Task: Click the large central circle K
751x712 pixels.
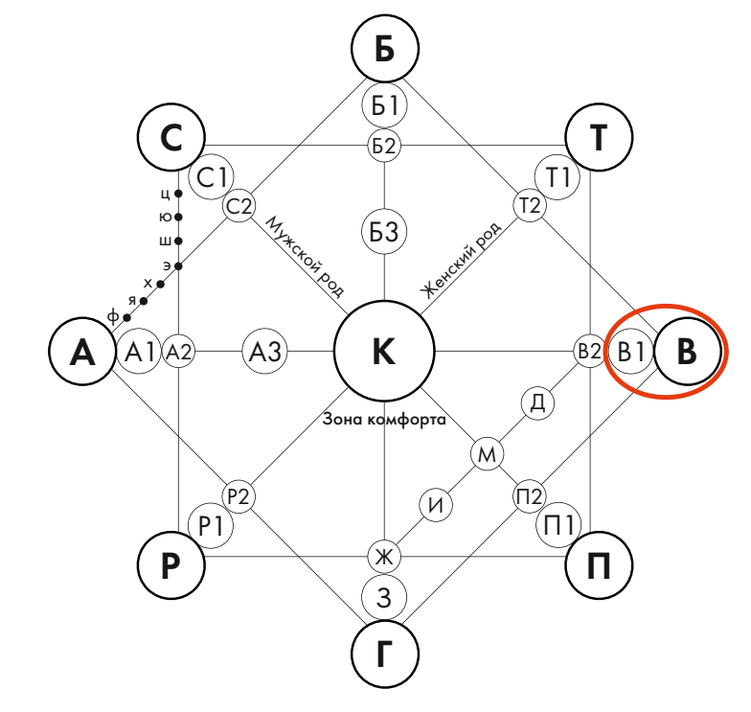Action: [x=383, y=352]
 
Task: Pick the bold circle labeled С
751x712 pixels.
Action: [x=171, y=140]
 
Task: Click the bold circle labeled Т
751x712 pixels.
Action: [x=599, y=140]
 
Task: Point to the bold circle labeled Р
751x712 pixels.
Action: [x=171, y=566]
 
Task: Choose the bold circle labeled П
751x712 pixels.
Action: [x=599, y=566]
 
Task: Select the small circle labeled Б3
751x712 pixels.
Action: [x=384, y=231]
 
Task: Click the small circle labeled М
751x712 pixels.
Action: [x=487, y=453]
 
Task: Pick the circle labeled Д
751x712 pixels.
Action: [x=537, y=402]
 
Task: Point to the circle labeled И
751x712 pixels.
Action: [x=436, y=505]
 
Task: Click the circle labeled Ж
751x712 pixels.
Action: [x=383, y=555]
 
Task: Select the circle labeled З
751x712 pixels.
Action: [x=384, y=598]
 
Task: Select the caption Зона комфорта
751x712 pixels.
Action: [x=383, y=420]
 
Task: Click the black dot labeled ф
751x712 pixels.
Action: [x=126, y=317]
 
